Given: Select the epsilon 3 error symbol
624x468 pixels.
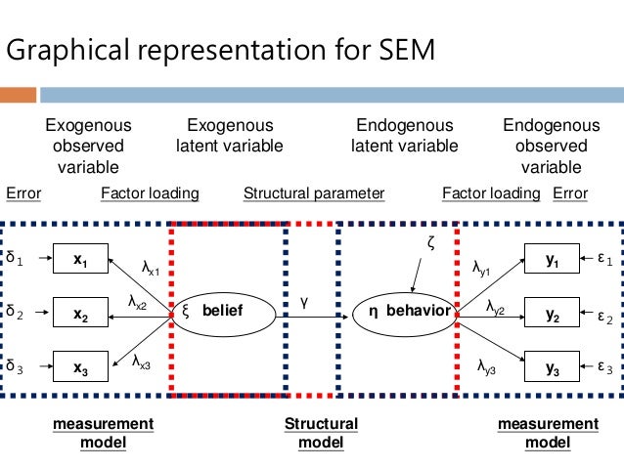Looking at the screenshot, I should point(603,368).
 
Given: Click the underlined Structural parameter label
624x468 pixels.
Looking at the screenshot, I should point(313,193).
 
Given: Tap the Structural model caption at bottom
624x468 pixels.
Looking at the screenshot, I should point(321,433).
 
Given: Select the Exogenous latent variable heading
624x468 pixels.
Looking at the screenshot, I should point(230,136).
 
